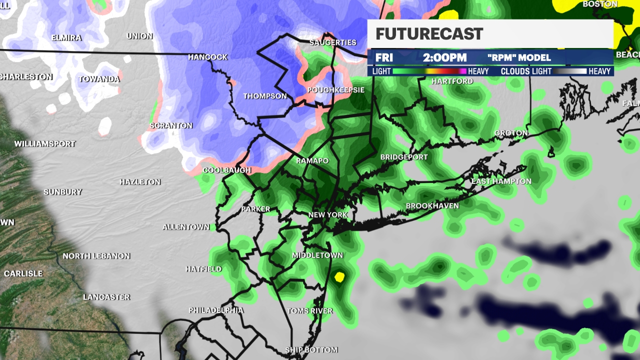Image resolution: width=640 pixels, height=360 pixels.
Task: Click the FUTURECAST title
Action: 429,34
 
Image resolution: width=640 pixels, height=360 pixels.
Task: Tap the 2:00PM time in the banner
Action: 444,57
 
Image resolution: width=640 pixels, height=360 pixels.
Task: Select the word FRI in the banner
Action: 384,57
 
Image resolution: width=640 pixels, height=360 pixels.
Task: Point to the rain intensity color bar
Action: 429,71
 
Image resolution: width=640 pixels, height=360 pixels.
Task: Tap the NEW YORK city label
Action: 327,215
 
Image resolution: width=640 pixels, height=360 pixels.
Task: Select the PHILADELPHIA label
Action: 216,310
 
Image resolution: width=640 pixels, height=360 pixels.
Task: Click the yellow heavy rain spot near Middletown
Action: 339,276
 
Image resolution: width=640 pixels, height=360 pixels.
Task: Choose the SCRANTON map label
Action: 171,125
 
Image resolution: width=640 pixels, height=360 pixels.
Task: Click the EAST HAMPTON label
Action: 501,181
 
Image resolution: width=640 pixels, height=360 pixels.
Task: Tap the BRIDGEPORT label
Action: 404,157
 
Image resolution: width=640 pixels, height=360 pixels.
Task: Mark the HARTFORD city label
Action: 452,81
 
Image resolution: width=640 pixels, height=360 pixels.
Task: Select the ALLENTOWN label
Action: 186,227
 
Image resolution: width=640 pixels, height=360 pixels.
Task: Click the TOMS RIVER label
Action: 309,311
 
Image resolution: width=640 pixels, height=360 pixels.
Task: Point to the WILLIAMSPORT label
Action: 45,144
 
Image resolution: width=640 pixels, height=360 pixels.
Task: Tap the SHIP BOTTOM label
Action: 311,350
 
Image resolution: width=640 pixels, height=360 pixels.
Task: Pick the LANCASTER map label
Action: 106,297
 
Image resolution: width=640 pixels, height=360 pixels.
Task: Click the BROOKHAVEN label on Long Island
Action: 432,206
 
